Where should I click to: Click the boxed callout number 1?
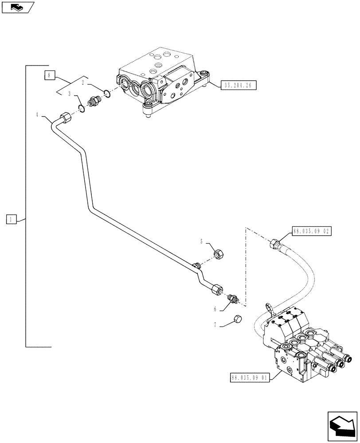click(12, 219)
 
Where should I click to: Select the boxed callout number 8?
click(50, 75)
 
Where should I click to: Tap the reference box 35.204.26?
click(237, 86)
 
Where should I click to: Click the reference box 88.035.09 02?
click(312, 231)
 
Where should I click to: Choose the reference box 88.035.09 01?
click(249, 377)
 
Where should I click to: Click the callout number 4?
click(39, 116)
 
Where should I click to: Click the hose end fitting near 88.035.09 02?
click(275, 244)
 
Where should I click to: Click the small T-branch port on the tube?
click(197, 265)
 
